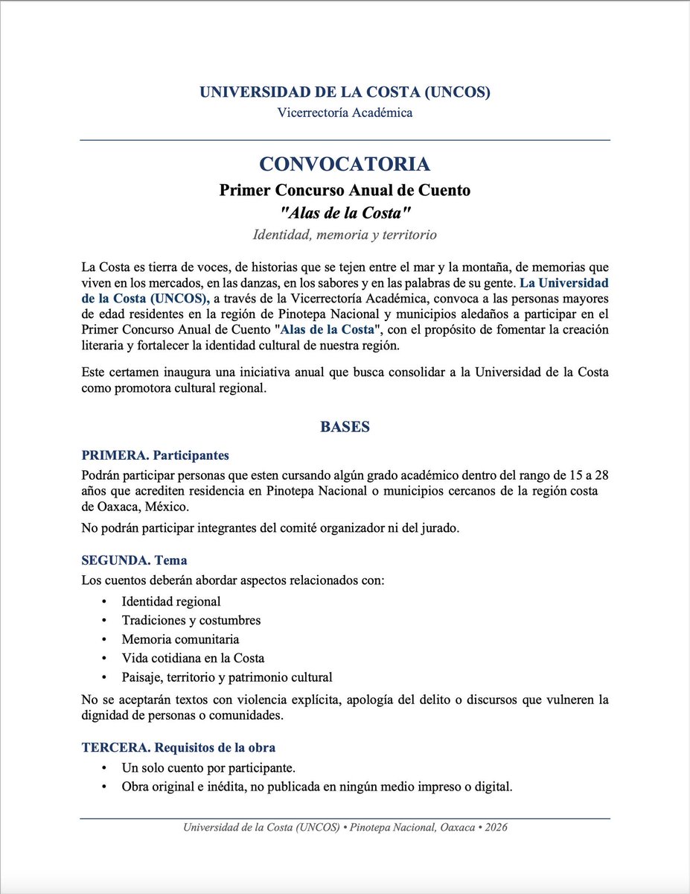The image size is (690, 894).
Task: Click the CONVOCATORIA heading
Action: (344, 165)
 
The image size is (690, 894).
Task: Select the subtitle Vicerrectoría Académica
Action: (344, 113)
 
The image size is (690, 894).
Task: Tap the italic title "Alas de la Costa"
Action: (344, 213)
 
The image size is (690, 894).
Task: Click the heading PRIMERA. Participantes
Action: (155, 454)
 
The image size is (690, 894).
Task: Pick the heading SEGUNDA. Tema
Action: (134, 560)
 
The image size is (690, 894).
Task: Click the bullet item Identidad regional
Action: (171, 601)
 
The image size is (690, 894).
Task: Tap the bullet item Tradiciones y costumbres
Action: (191, 620)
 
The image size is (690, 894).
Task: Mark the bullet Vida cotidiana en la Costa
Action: (193, 659)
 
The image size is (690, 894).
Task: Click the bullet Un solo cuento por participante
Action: (209, 767)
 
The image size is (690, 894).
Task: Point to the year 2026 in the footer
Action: (496, 828)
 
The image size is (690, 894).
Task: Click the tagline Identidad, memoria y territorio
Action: (344, 235)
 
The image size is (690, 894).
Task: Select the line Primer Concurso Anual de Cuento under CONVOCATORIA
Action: (344, 190)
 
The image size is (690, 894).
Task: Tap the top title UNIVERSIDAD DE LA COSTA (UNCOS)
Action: (344, 92)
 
